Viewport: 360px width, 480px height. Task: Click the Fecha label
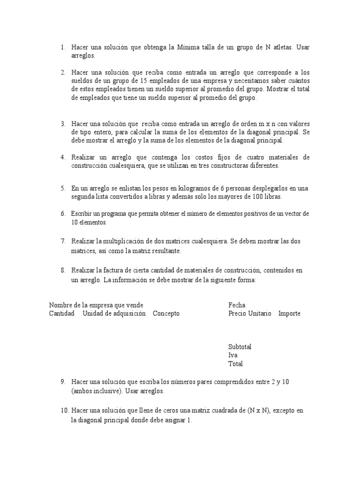(237, 305)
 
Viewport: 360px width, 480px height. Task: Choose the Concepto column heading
(166, 314)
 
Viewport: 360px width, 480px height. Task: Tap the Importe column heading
(289, 314)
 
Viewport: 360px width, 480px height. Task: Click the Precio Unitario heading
(249, 314)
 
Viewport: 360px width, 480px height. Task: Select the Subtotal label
(240, 347)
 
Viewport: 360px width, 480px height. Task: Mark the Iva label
(232, 355)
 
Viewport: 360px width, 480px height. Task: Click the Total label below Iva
(235, 364)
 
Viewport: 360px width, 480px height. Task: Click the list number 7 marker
(62, 241)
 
